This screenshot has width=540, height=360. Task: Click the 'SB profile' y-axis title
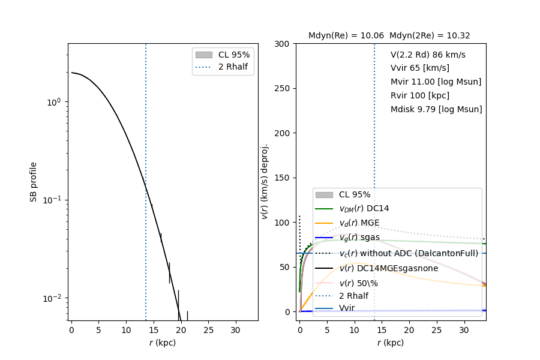(x=34, y=182)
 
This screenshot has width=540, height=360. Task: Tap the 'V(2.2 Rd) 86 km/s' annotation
(x=428, y=55)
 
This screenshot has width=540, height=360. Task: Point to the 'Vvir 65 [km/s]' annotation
(x=419, y=68)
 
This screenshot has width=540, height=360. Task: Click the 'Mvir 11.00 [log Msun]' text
(x=436, y=82)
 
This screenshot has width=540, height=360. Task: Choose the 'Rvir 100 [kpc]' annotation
(x=419, y=95)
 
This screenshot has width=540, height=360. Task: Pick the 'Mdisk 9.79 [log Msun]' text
(x=436, y=109)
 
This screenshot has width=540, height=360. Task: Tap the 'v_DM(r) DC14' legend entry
(x=364, y=209)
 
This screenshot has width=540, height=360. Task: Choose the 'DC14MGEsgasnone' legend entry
(x=388, y=268)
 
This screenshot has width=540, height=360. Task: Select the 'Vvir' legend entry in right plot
(x=347, y=308)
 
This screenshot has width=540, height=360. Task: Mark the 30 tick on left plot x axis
(x=235, y=331)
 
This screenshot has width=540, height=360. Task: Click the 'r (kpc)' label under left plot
(x=163, y=343)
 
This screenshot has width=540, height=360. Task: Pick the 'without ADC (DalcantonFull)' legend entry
(x=409, y=253)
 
